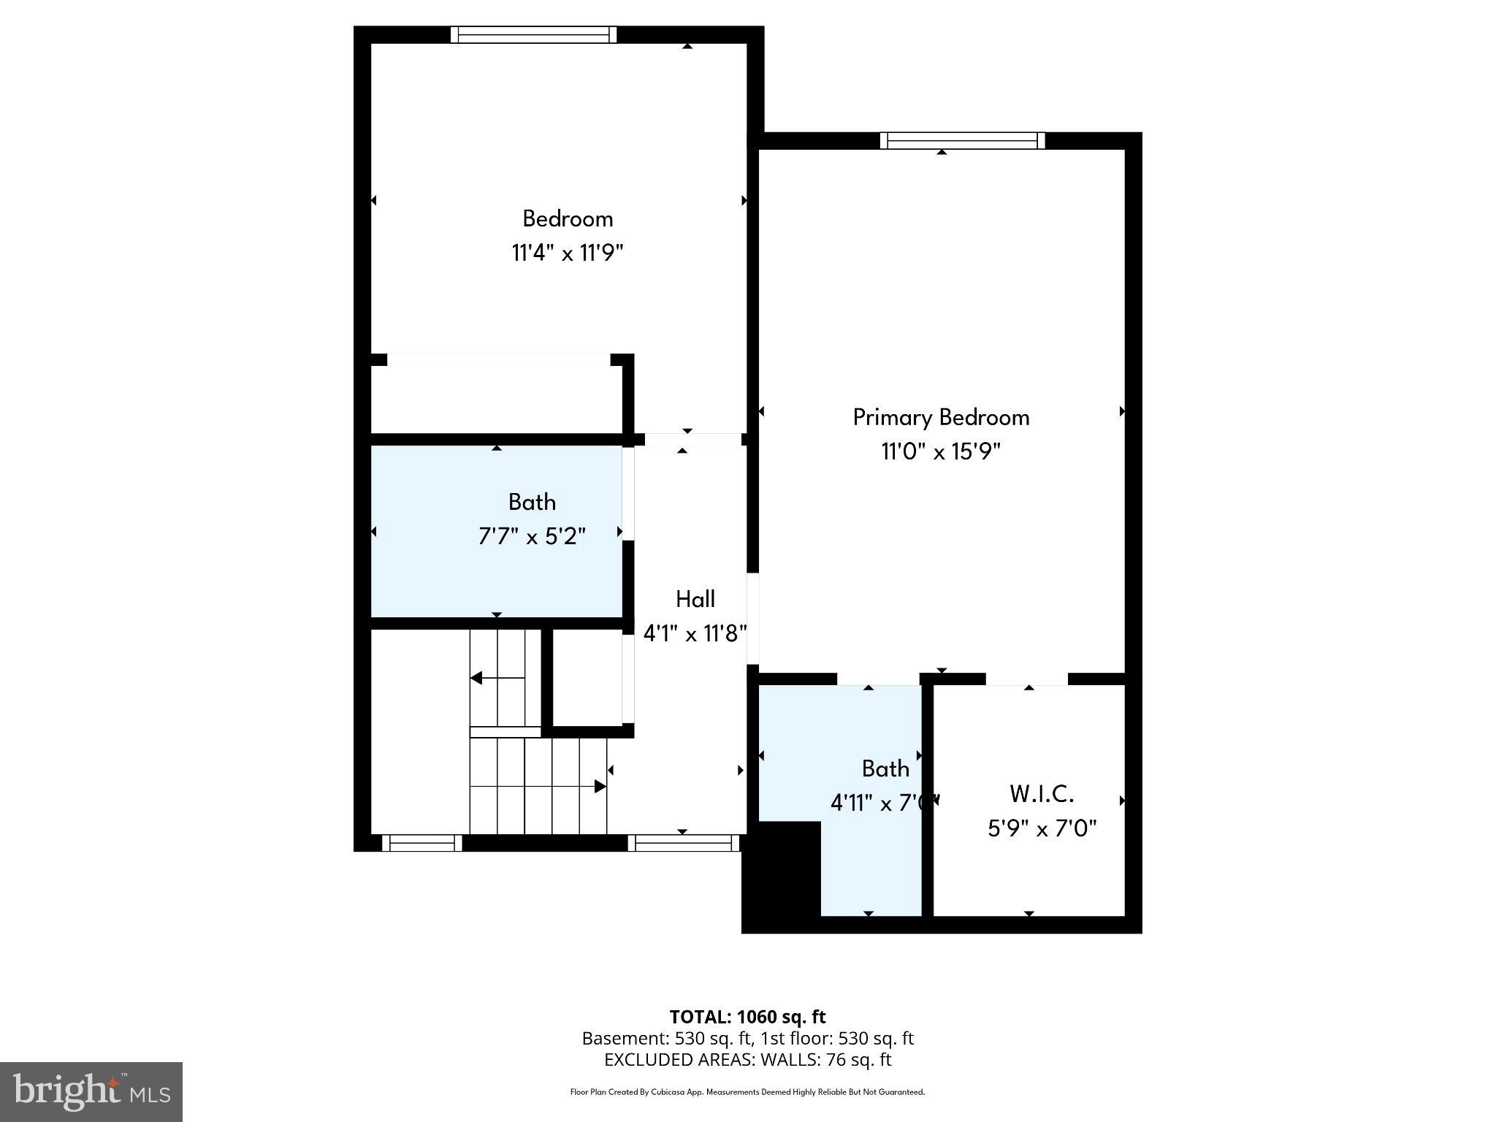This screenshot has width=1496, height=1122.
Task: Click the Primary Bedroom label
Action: pos(941,417)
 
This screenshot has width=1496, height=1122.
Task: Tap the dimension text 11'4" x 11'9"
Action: pos(567,253)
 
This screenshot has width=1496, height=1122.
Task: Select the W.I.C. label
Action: pos(1041,793)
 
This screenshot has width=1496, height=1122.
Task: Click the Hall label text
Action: pos(695,599)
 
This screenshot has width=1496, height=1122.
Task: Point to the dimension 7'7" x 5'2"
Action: pos(532,537)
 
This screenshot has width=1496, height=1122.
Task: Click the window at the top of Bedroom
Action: pos(533,34)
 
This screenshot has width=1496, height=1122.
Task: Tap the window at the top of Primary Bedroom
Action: pos(962,140)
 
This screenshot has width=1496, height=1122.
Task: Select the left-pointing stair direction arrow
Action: pos(477,678)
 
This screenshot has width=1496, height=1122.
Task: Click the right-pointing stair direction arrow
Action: pos(599,787)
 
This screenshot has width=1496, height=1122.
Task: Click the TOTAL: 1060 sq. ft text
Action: pos(747,1017)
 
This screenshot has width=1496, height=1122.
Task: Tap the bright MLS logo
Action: pos(91,1092)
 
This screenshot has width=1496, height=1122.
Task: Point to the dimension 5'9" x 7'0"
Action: pos(1042,828)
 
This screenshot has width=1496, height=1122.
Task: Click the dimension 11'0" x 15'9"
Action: pos(940,452)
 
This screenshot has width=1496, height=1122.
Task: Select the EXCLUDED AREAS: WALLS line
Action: pos(747,1060)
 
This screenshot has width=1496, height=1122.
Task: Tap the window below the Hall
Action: pos(684,843)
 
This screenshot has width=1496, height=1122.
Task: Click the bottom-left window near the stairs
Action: pos(422,843)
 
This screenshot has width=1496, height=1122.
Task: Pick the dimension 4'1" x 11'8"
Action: pos(694,633)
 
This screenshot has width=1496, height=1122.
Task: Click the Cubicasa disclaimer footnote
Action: pos(747,1092)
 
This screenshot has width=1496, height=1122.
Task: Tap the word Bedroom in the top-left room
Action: pos(568,218)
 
